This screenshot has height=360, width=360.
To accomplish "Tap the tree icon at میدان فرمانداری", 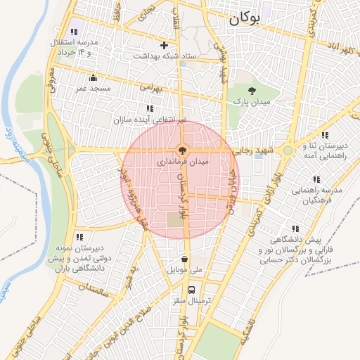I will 182,150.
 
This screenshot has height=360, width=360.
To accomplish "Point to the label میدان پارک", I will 252,102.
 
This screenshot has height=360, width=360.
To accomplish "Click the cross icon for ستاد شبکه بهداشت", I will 164,45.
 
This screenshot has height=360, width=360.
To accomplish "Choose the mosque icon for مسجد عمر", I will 94,78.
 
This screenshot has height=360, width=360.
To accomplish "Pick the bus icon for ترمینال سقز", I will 191,289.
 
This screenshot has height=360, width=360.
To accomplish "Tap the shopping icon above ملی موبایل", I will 184,259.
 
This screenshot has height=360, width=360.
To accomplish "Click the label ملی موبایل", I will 184,270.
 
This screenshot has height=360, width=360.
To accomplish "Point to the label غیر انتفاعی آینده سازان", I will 150,120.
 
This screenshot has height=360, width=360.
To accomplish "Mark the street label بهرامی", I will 151,89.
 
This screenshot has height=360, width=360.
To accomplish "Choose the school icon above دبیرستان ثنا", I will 325,135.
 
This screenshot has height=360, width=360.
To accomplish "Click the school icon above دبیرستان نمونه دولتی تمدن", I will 79,238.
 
